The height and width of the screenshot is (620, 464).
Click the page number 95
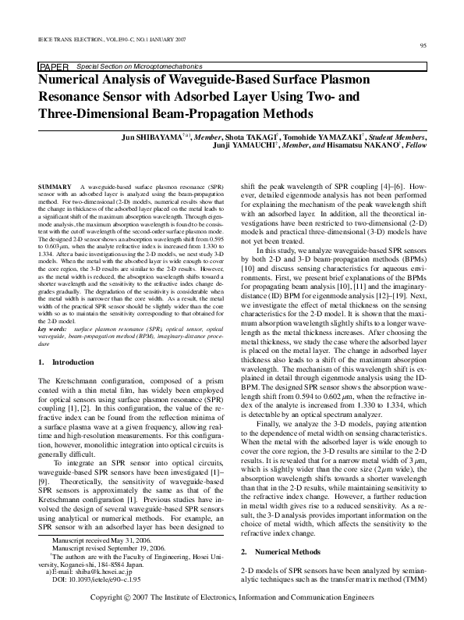(423, 46)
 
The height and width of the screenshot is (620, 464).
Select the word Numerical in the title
(73, 80)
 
